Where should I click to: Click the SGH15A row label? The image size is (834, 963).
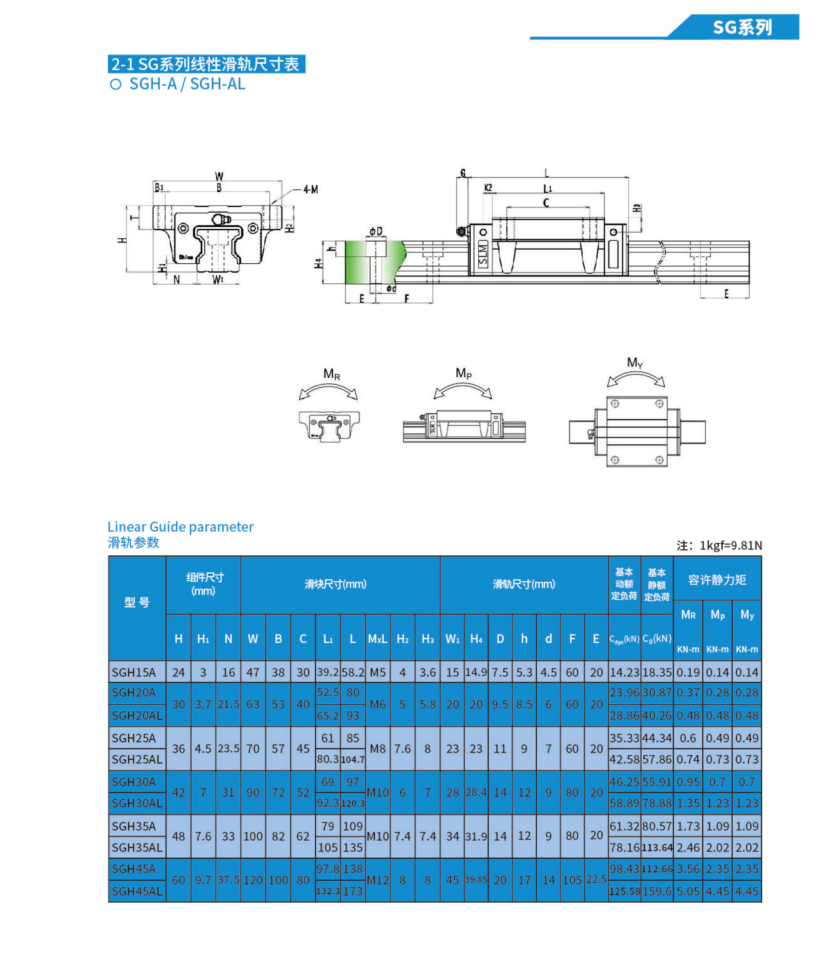134,672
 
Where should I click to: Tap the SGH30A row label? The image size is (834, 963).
133,782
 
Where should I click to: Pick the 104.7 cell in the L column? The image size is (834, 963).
353,760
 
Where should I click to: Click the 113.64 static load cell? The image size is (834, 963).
657,848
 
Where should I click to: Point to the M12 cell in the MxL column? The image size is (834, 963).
377,880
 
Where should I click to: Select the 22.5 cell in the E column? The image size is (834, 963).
596,879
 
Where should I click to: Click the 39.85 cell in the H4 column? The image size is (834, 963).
476,880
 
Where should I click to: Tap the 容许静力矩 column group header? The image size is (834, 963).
717,580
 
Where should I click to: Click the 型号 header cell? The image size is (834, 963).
137,602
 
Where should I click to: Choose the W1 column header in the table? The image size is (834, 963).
452,639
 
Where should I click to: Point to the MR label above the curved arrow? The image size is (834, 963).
331,374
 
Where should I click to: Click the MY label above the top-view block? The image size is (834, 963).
635,362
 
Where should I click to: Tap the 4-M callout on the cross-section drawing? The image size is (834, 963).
310,189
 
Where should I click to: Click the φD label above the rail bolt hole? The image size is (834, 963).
376,231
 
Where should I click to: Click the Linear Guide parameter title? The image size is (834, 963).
180,527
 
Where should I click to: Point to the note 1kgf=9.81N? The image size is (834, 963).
719,545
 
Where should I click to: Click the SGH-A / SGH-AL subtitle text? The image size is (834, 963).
187,84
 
